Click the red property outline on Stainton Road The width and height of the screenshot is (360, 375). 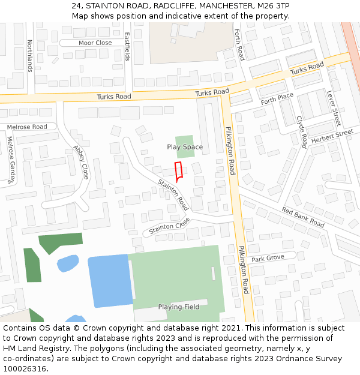pyautogui.click(x=178, y=172)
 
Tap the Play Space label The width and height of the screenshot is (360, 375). pyautogui.click(x=185, y=147)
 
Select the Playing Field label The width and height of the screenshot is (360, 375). pyautogui.click(x=179, y=307)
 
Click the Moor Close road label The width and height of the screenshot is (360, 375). pyautogui.click(x=95, y=43)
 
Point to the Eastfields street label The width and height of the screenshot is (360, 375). pyautogui.click(x=127, y=46)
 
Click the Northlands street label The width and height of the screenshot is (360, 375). pyautogui.click(x=29, y=55)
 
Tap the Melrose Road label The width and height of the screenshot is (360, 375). pyautogui.click(x=27, y=127)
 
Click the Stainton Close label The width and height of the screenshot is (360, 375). pyautogui.click(x=169, y=226)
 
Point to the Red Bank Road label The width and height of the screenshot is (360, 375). pyautogui.click(x=303, y=217)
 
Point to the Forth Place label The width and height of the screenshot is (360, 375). pyautogui.click(x=277, y=98)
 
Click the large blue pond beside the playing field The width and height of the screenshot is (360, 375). pyautogui.click(x=110, y=281)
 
